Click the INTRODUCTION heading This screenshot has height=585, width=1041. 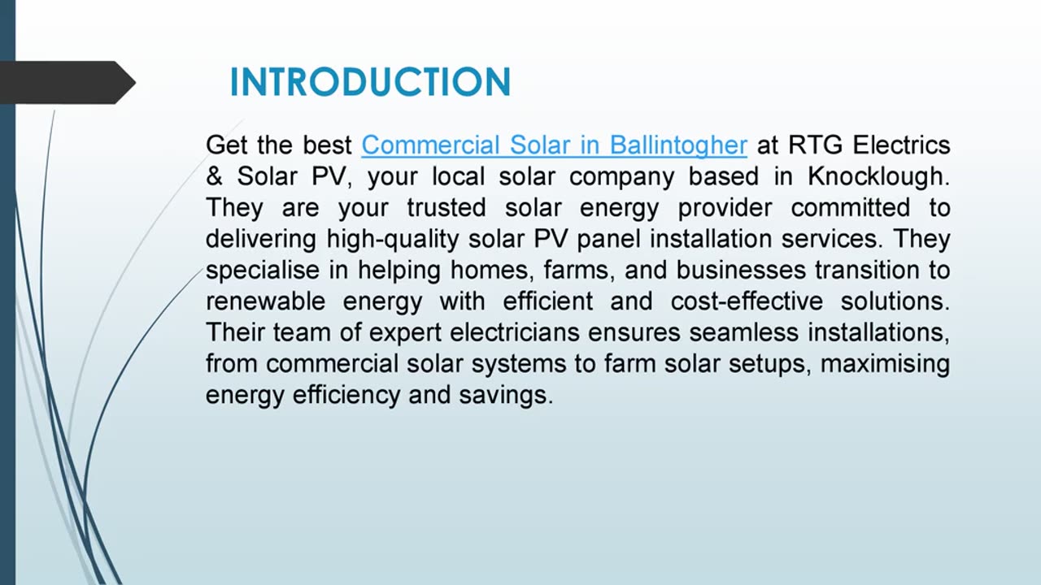tap(370, 83)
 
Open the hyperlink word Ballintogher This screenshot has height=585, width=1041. tap(678, 145)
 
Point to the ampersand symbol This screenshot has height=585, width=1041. tap(214, 177)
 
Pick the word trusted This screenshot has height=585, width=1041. tap(446, 208)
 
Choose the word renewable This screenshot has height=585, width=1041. tap(266, 301)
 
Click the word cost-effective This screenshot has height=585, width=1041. tap(747, 301)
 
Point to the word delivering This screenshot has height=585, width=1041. tap(262, 240)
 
